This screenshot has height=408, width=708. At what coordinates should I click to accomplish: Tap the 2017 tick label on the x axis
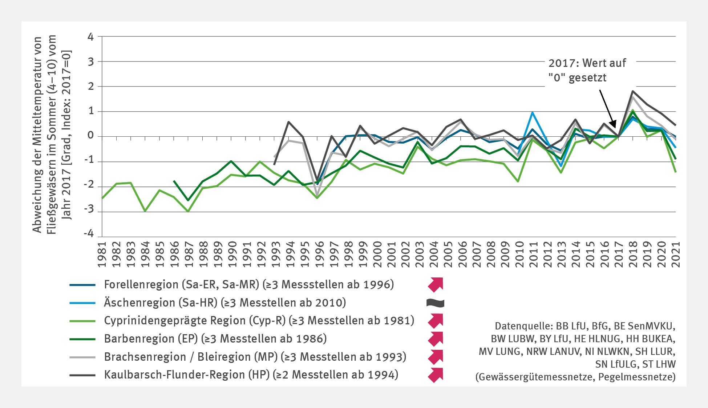619,254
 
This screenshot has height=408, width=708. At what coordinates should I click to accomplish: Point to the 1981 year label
102,254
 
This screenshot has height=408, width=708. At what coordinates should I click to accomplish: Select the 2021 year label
676,254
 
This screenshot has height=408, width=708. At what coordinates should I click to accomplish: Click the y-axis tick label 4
90,37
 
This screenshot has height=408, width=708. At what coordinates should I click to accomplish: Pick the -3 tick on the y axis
89,210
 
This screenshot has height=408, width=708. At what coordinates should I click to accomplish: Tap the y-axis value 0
90,136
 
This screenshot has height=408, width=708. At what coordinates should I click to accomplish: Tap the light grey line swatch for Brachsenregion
82,357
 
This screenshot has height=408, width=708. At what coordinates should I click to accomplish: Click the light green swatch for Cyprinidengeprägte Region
82,321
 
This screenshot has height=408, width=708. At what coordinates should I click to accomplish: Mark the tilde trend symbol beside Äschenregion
435,303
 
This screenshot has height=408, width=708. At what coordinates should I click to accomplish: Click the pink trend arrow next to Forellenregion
436,284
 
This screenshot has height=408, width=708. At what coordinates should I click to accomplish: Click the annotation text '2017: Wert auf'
587,63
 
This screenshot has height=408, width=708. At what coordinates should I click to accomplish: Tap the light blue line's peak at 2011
533,113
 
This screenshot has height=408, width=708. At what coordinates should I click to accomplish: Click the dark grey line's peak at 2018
633,91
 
